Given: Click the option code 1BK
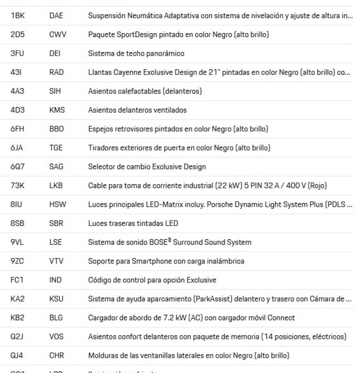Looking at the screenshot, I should (x=17, y=16).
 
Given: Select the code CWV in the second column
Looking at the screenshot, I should (x=58, y=35).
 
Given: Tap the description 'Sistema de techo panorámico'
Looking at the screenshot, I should (x=136, y=53).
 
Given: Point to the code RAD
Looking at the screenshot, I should (x=56, y=72).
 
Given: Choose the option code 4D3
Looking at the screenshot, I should (x=17, y=110).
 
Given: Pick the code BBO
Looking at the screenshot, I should (x=56, y=129).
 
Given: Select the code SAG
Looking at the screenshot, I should (x=56, y=167).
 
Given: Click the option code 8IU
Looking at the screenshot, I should (x=16, y=205).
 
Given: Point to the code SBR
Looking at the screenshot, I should (x=56, y=223).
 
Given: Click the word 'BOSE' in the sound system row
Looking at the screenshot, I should (x=159, y=242).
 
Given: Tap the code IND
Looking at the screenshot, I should (x=55, y=280).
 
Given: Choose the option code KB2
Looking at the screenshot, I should (x=17, y=318).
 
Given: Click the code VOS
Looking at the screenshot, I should (x=56, y=337).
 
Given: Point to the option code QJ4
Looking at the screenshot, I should (x=17, y=356).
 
